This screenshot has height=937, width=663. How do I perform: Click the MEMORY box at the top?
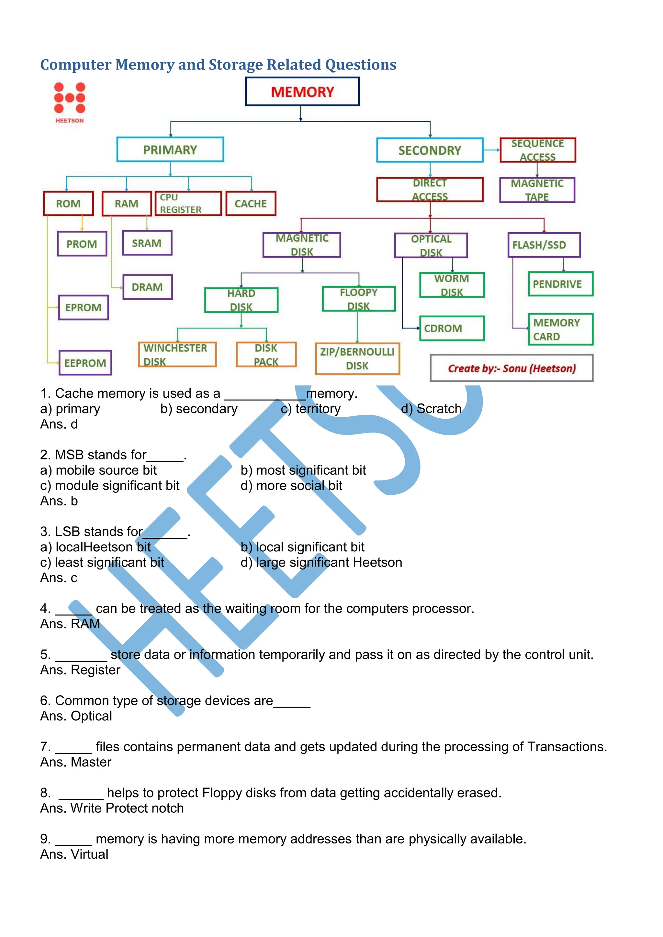pos(302,92)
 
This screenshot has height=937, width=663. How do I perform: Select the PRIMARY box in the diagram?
pos(170,150)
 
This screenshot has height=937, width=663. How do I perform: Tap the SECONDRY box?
pos(430,150)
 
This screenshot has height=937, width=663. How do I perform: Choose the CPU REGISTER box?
pos(188,203)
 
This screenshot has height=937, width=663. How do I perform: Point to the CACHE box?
pos(251,204)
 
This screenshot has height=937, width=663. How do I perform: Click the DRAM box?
pos(147,287)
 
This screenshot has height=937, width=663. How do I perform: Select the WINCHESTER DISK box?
pos(177,355)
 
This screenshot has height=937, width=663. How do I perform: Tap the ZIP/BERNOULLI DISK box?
pos(357,359)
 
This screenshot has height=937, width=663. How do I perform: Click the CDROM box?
pos(452,328)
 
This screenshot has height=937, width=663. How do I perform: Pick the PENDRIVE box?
pos(560,284)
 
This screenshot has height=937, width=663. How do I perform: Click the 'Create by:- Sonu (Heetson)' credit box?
pos(511,368)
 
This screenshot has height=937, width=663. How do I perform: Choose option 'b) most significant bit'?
pos(303,470)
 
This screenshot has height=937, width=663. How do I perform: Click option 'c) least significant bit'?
pos(102,562)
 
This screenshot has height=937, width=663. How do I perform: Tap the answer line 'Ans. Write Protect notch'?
pos(112,808)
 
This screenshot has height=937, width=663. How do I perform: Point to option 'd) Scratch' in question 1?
pos(431,409)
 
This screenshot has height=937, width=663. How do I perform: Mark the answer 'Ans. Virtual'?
pos(74,854)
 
